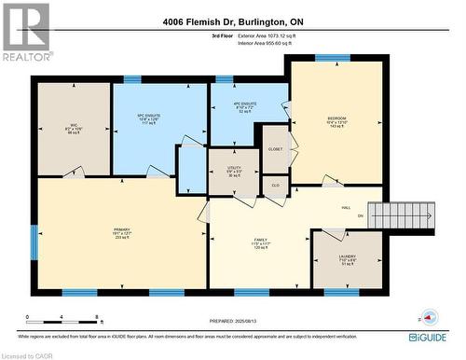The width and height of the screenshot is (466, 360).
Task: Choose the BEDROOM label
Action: (x=336, y=120)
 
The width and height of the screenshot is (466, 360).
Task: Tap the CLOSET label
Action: (x=274, y=149)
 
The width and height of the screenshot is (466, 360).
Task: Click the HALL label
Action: (x=346, y=208)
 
